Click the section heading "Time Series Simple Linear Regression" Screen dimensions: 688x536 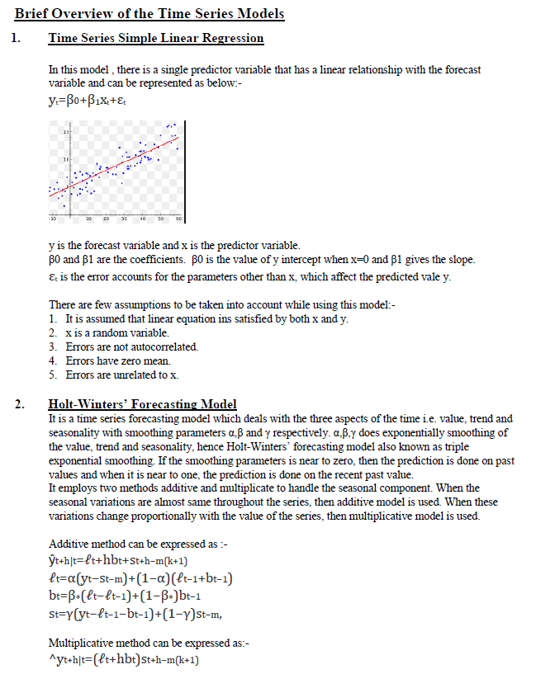(156, 38)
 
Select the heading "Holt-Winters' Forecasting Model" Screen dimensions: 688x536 (142, 404)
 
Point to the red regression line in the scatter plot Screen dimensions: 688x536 (124, 163)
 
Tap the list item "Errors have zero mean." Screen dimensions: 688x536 (117, 360)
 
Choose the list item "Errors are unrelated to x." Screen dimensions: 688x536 (121, 375)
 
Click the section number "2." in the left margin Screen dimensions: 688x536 (19, 404)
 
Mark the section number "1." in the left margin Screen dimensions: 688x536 (19, 38)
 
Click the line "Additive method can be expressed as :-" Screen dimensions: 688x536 (133, 544)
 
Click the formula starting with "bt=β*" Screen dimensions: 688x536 (132, 596)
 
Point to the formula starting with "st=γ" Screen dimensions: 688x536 (136, 613)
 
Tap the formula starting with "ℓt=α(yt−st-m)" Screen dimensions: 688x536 (140, 578)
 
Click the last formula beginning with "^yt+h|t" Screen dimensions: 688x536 (124, 659)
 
